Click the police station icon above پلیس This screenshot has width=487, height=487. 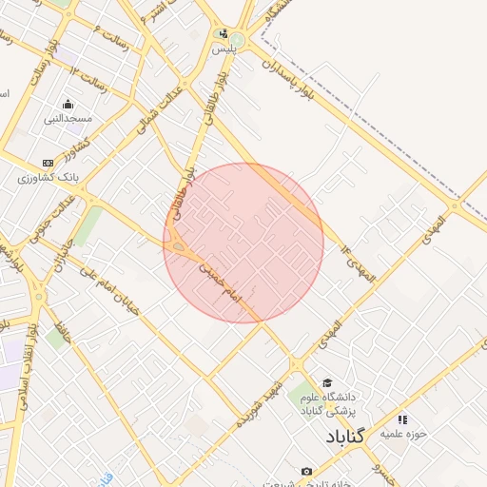click(223, 32)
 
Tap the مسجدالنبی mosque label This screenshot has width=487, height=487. click(68, 119)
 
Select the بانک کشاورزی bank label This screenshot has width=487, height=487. click(49, 177)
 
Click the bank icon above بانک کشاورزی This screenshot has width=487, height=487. click(49, 164)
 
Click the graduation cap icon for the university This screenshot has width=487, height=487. click(328, 381)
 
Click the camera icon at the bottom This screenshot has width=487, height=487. click(306, 472)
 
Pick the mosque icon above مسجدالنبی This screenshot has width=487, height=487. click(68, 105)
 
